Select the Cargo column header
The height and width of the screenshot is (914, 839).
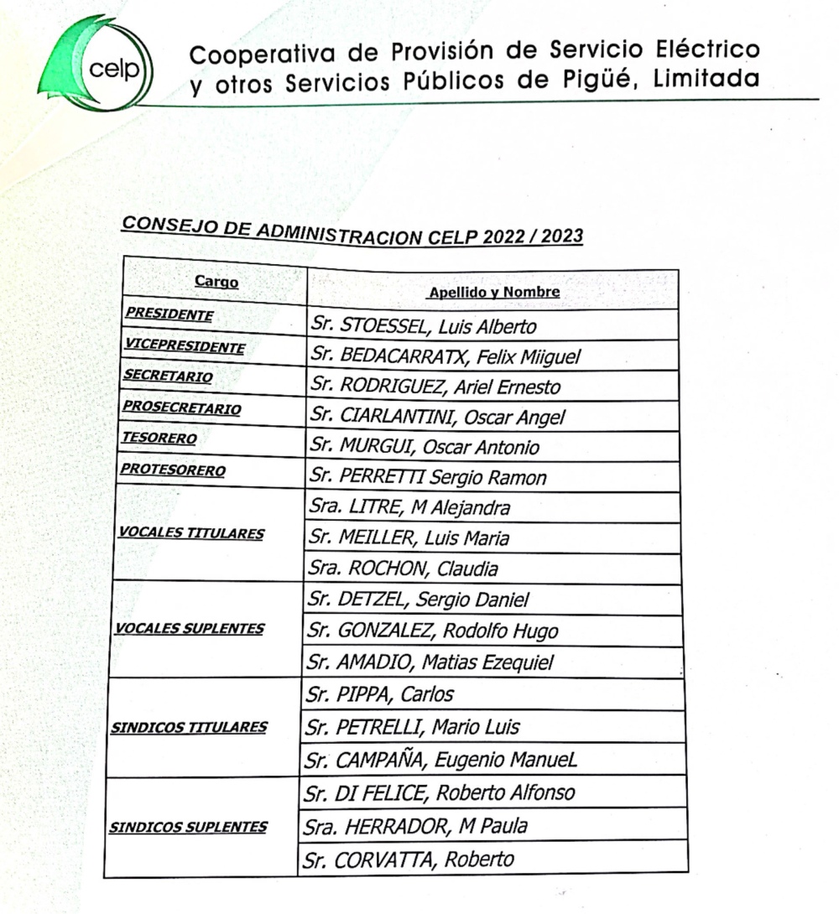tap(216, 282)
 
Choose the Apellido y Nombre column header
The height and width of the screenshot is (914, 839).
tap(494, 293)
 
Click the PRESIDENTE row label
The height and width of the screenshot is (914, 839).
tap(169, 314)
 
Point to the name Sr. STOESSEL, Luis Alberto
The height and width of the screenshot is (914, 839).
tap(423, 325)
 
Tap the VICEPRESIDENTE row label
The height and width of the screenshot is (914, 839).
tap(185, 345)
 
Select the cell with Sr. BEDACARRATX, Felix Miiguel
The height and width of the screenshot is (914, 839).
tap(446, 356)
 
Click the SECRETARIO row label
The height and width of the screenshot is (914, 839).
tap(168, 377)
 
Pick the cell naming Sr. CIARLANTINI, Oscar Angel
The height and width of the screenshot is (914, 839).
tap(437, 417)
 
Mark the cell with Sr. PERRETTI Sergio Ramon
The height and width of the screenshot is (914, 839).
tap(428, 478)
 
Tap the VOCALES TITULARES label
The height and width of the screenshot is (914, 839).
tap(191, 533)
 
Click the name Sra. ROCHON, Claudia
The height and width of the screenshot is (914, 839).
tap(403, 569)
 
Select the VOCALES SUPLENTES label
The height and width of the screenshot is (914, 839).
tap(190, 629)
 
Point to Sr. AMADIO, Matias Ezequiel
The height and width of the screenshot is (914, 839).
tap(430, 663)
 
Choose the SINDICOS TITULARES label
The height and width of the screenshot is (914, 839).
tap(189, 727)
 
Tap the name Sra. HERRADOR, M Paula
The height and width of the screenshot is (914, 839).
tap(417, 826)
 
